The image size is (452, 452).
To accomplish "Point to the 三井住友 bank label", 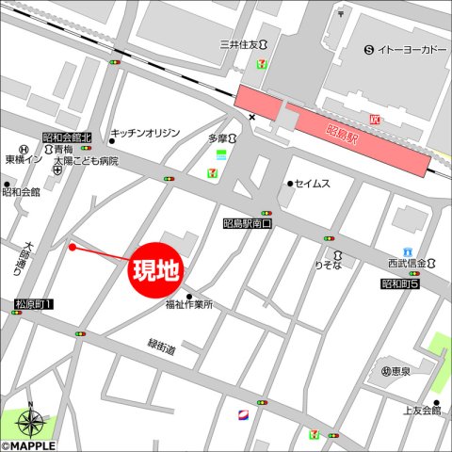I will click(240, 44).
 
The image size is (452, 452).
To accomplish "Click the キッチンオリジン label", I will click(145, 134).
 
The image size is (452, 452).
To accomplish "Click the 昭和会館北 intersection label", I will click(66, 137).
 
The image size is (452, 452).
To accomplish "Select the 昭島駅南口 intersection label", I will click(247, 224).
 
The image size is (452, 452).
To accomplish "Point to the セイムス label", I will click(312, 184).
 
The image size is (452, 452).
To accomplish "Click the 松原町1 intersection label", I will click(35, 304).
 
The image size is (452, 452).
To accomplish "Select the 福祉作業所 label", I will click(189, 304).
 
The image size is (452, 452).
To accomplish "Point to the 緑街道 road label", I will click(161, 348).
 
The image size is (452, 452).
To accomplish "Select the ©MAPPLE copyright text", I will click(28, 445).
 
